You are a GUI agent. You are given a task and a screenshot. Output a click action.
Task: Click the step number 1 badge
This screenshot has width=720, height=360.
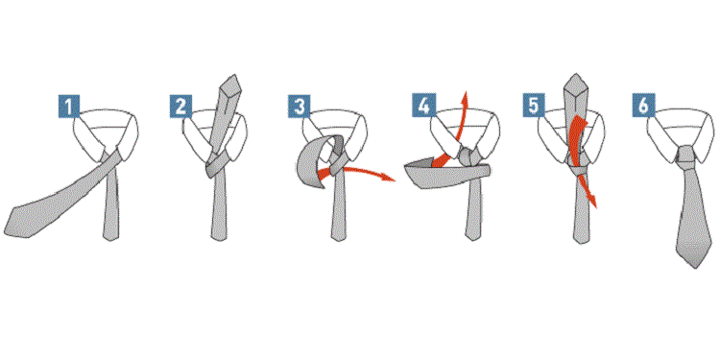point(69,106)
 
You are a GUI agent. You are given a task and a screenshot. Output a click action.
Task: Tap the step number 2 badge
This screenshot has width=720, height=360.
point(180,106)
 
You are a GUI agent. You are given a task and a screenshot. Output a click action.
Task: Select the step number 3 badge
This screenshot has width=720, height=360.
point(299,106)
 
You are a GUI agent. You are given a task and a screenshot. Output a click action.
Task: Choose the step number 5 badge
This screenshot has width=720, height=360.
point(534,106)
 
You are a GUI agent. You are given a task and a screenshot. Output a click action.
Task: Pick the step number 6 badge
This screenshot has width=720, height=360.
point(643,106)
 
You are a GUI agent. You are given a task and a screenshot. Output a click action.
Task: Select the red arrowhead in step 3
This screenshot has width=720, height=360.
point(391,179)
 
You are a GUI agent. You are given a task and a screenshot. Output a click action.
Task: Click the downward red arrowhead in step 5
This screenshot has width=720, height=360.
point(593,202)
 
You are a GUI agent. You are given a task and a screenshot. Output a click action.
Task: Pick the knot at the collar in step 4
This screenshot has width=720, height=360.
point(468,156)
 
